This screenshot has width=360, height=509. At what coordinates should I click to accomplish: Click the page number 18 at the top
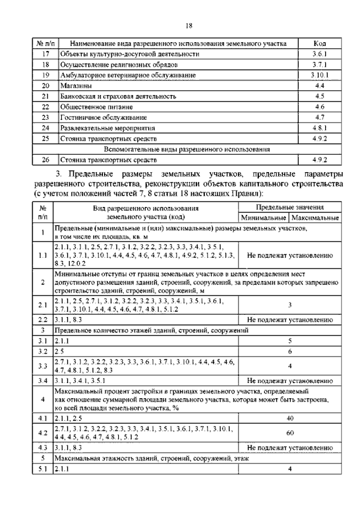(x=189, y=25)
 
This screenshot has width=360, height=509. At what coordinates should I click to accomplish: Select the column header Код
(x=319, y=44)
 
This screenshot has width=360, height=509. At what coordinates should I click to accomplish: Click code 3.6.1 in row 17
(x=319, y=55)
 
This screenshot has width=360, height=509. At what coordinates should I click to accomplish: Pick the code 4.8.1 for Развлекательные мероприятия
(x=319, y=128)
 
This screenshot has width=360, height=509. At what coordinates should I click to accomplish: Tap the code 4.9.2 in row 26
(x=319, y=160)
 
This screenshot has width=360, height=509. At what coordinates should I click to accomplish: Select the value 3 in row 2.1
(x=289, y=305)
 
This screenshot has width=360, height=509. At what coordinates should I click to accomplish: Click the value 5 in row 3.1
(x=289, y=341)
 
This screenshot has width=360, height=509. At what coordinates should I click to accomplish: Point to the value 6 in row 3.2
(x=289, y=351)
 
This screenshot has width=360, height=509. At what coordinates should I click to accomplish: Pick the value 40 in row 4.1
(x=289, y=418)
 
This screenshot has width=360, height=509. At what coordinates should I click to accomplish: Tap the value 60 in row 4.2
(x=289, y=433)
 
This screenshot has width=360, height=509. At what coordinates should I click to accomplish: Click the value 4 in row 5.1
(x=289, y=469)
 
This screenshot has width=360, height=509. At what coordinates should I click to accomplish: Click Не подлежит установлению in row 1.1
(x=289, y=254)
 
